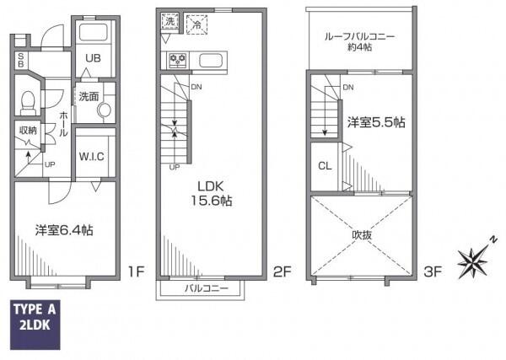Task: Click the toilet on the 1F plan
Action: tap(28, 103)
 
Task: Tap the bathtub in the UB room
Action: tap(93, 32)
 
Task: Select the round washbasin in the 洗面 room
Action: tap(104, 110)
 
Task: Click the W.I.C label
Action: tap(92, 157)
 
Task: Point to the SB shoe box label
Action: tap(20, 60)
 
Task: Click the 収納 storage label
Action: tap(28, 131)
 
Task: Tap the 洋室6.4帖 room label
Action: tap(64, 230)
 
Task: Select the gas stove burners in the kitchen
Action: tap(178, 61)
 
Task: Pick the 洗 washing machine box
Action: tap(170, 22)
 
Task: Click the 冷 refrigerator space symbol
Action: tap(196, 24)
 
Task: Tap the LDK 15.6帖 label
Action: tap(211, 194)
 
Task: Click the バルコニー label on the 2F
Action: tap(207, 287)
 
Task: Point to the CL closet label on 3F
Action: tap(325, 166)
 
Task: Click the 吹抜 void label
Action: tap(362, 235)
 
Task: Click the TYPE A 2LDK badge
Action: tap(35, 325)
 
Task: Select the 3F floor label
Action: tap(433, 272)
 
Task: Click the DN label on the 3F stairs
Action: tap(348, 88)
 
